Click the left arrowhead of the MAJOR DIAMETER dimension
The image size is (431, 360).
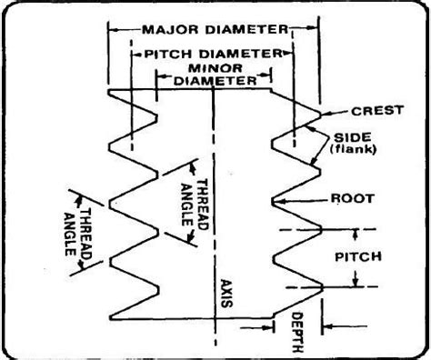(x=114, y=29)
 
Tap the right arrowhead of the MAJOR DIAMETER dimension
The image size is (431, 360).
(x=316, y=29)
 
